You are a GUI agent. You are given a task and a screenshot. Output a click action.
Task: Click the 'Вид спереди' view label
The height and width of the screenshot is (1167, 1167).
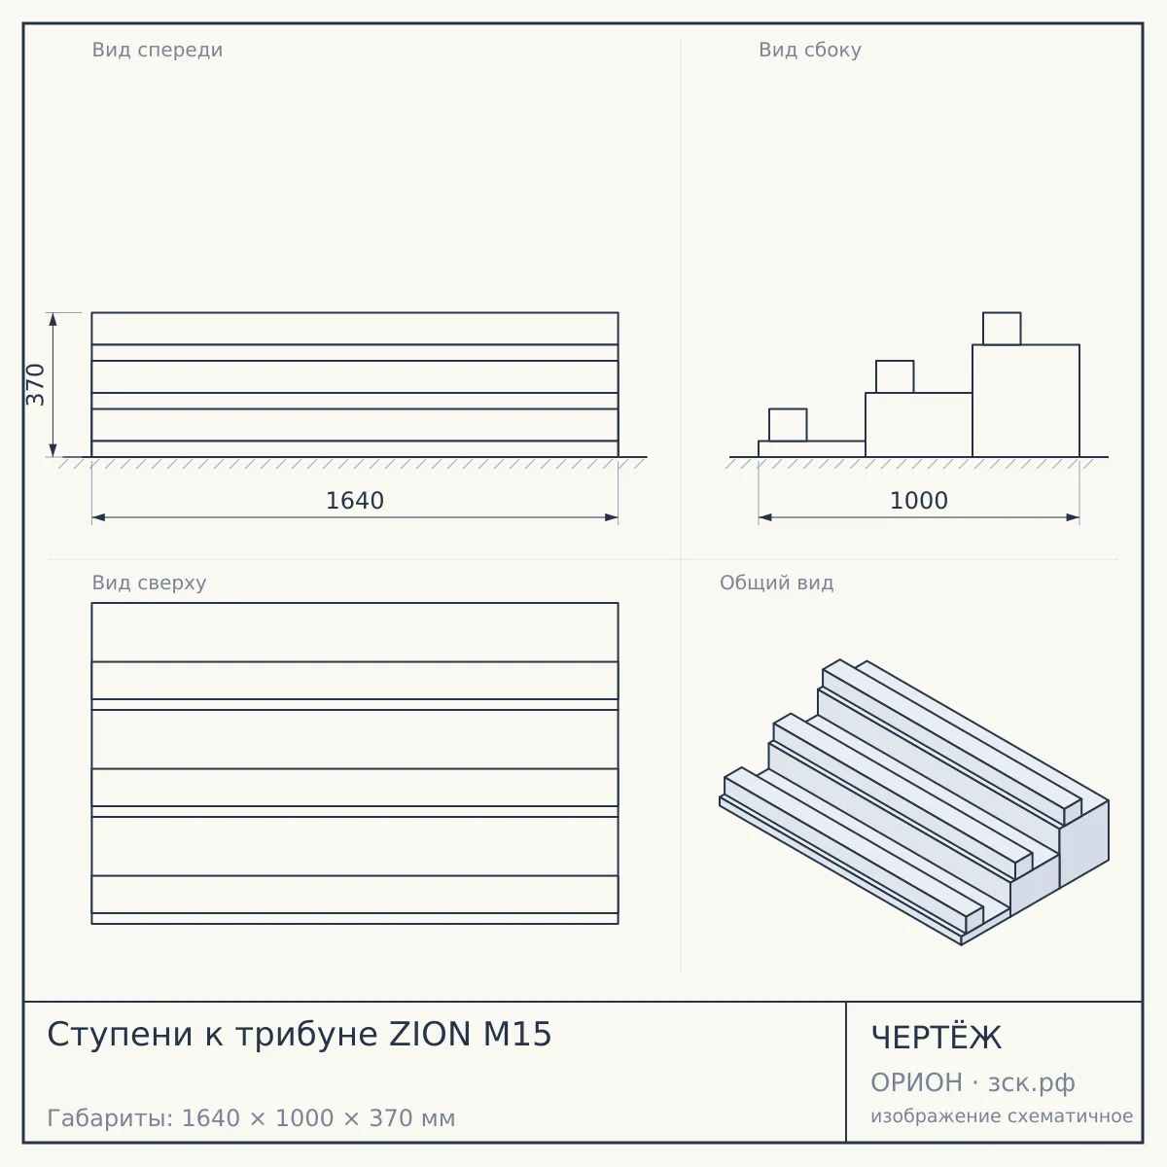(x=158, y=50)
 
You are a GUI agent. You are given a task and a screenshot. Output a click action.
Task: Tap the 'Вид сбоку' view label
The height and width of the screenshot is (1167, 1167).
(x=810, y=50)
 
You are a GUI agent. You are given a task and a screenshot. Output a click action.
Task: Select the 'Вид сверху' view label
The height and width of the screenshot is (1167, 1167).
(x=149, y=583)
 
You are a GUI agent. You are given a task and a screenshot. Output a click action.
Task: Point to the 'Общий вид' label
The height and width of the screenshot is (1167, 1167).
(x=776, y=583)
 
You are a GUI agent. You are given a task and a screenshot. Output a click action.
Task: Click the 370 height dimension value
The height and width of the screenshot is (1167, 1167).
(x=36, y=384)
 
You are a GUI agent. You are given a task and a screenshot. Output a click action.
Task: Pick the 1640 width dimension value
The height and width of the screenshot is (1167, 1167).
(x=355, y=501)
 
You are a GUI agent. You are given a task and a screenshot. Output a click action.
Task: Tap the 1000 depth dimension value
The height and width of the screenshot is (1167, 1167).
(x=919, y=501)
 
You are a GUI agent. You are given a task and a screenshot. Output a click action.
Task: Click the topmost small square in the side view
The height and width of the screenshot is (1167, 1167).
(x=1002, y=329)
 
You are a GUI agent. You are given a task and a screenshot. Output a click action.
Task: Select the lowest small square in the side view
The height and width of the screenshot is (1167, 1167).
(x=788, y=425)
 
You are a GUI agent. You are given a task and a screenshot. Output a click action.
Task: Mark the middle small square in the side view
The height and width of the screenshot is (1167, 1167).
(x=895, y=376)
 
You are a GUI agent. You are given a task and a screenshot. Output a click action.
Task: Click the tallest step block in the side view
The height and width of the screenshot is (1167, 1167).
(x=1026, y=401)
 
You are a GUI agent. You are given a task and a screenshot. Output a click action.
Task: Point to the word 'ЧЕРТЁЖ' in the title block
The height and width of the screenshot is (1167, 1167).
(x=937, y=1038)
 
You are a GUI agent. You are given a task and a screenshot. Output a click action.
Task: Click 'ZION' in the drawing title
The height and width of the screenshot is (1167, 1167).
(x=430, y=1034)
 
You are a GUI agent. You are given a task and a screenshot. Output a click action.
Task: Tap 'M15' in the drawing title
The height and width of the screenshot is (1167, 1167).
(x=517, y=1034)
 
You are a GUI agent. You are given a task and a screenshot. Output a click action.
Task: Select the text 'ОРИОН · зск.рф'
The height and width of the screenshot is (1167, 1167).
(x=972, y=1082)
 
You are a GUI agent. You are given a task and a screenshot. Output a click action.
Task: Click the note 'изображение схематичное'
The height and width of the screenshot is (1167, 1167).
(x=1002, y=1115)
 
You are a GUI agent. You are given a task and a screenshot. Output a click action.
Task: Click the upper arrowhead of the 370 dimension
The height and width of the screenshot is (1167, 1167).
(x=53, y=319)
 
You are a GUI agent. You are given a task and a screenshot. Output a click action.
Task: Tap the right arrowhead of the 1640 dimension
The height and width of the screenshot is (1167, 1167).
(x=611, y=517)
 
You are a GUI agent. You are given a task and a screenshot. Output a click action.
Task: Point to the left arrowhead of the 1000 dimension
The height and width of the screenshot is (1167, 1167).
(x=765, y=517)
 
